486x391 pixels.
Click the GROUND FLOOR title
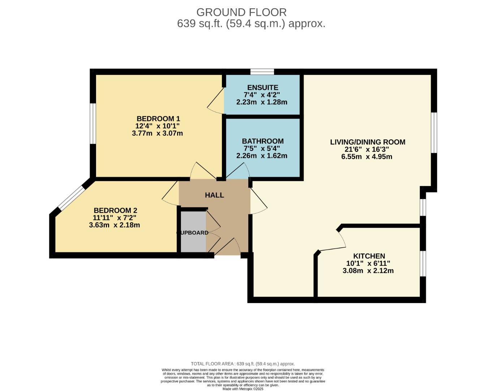point(241,12)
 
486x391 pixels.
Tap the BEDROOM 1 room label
point(158,119)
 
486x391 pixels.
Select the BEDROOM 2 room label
point(115,210)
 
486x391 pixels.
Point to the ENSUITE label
point(262,88)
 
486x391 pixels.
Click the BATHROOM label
point(262,141)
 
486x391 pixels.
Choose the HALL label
point(214,195)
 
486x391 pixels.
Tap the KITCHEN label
point(369,256)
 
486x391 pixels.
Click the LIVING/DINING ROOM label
point(367,142)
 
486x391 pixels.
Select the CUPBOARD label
point(193,233)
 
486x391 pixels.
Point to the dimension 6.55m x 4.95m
point(366,157)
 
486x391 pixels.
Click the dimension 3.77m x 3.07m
point(157,133)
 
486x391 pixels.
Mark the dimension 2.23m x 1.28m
point(262,102)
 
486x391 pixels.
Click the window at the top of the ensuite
point(262,72)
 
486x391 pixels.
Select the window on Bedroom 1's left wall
point(93,123)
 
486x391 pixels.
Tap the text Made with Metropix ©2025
point(243,389)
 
